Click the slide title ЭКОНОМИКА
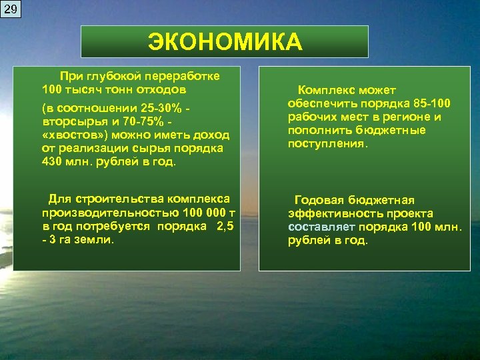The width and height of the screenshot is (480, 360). click(225, 41)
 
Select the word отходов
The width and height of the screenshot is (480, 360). click(163, 89)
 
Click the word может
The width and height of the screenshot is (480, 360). click(377, 90)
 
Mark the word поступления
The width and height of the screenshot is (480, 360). click(327, 143)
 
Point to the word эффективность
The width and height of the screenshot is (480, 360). click(328, 213)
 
